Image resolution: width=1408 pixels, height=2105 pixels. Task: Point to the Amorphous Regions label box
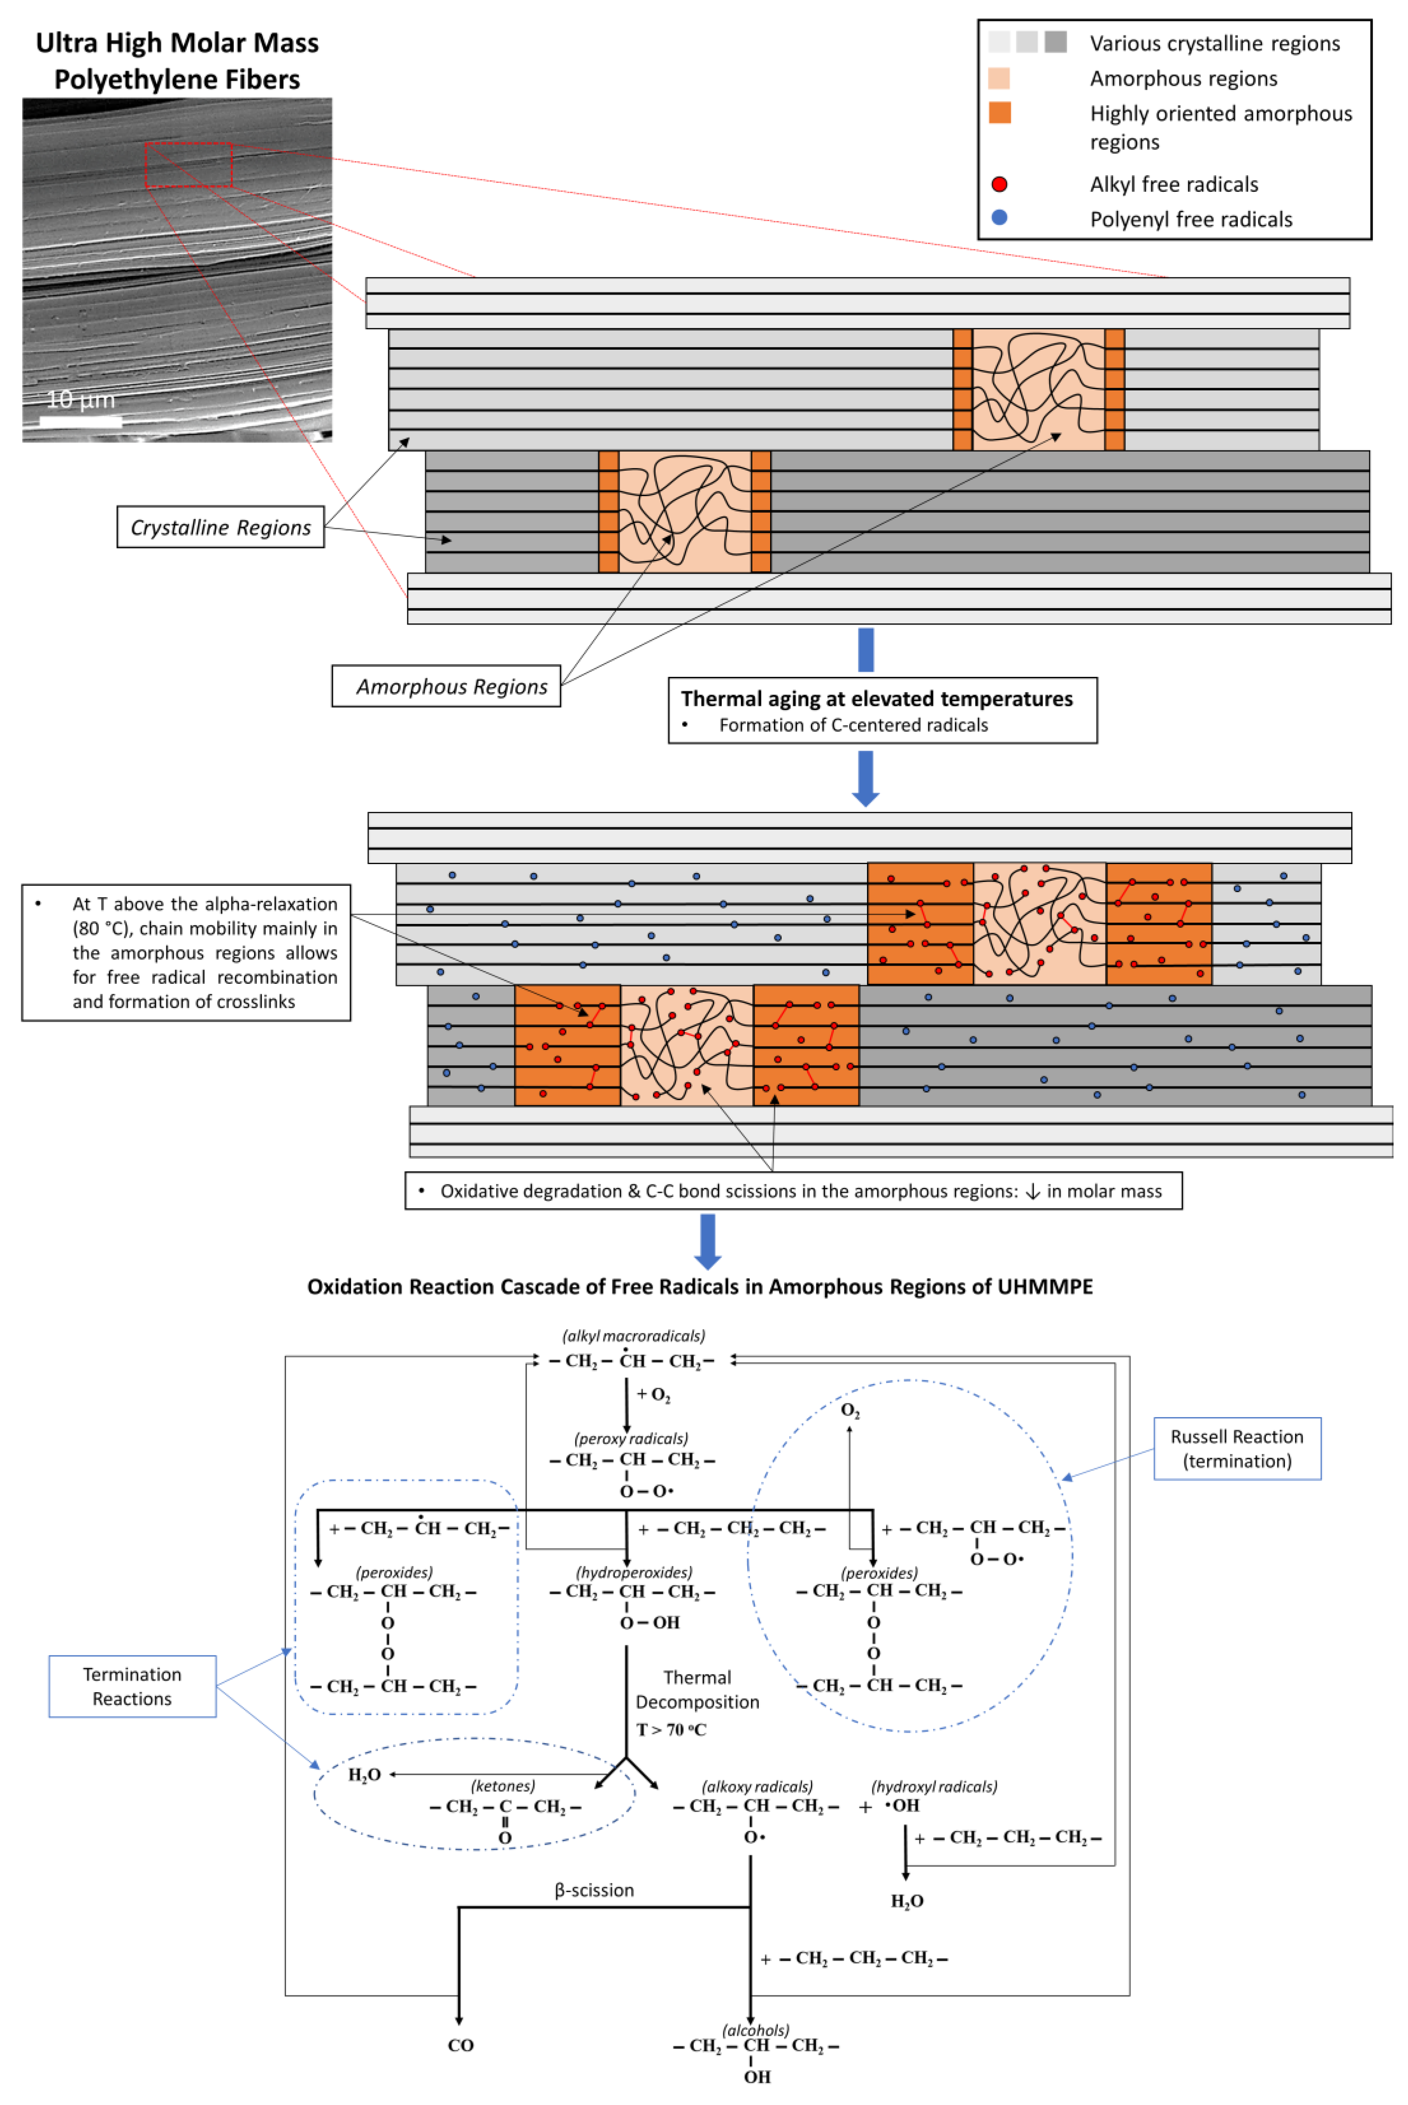coord(446,686)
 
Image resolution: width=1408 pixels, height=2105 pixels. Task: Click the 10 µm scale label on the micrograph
coord(81,400)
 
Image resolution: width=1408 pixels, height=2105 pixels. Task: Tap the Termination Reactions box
coord(132,1687)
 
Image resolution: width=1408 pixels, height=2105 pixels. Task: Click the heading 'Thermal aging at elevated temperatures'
coord(876,699)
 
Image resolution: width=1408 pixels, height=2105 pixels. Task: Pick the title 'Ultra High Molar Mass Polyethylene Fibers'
coord(177,61)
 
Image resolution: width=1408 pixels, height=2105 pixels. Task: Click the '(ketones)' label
coord(503,1786)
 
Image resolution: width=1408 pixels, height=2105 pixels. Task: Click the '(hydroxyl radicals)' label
coord(934,1786)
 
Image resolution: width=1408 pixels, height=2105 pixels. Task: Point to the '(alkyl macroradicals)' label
coord(634,1336)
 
